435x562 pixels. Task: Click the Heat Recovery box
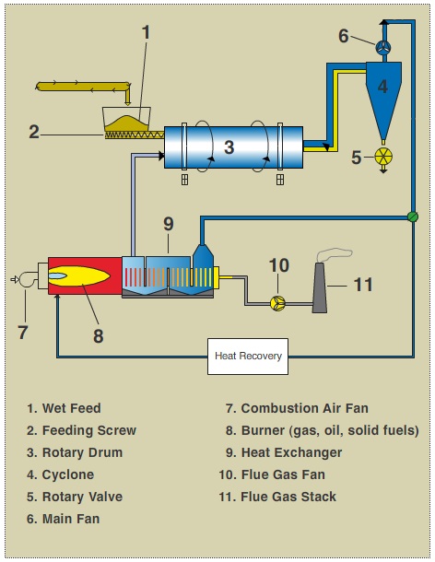[248, 357]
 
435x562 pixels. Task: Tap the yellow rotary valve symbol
[383, 157]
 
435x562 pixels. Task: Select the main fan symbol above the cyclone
[383, 47]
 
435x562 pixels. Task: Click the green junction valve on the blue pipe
[413, 217]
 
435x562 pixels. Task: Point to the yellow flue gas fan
[277, 303]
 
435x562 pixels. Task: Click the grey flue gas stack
[319, 287]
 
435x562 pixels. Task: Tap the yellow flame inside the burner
[80, 276]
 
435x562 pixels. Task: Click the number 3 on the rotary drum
[229, 147]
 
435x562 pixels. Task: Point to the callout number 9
[168, 224]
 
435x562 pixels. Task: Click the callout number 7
[23, 333]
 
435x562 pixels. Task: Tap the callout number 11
[363, 285]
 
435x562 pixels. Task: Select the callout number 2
[34, 132]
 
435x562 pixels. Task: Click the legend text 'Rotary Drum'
[82, 452]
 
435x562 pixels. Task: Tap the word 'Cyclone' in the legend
[68, 474]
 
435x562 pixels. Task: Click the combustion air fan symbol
[27, 279]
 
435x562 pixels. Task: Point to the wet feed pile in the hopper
[127, 123]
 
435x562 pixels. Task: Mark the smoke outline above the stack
[334, 253]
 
